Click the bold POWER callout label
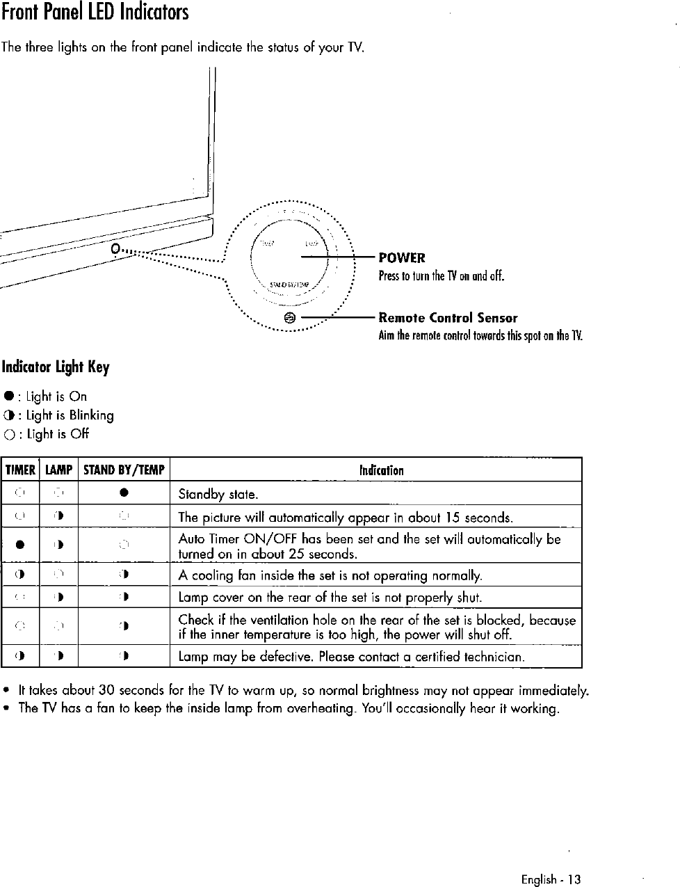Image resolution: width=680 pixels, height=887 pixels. (x=402, y=258)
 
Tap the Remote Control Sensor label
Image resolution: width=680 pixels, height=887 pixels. (x=448, y=318)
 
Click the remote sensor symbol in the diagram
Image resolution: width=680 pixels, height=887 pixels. (x=291, y=318)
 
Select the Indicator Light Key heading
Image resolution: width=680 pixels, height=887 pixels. (x=56, y=367)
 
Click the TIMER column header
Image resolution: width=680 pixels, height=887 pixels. (x=20, y=470)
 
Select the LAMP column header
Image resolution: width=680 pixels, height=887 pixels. (x=59, y=470)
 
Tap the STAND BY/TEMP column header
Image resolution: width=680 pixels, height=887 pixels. (x=124, y=470)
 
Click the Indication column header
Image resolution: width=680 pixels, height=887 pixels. (x=381, y=470)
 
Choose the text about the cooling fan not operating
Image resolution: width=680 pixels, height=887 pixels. (x=330, y=575)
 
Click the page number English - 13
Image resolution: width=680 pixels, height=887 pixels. (x=551, y=879)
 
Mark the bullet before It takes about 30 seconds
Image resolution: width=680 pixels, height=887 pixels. (x=6, y=692)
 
